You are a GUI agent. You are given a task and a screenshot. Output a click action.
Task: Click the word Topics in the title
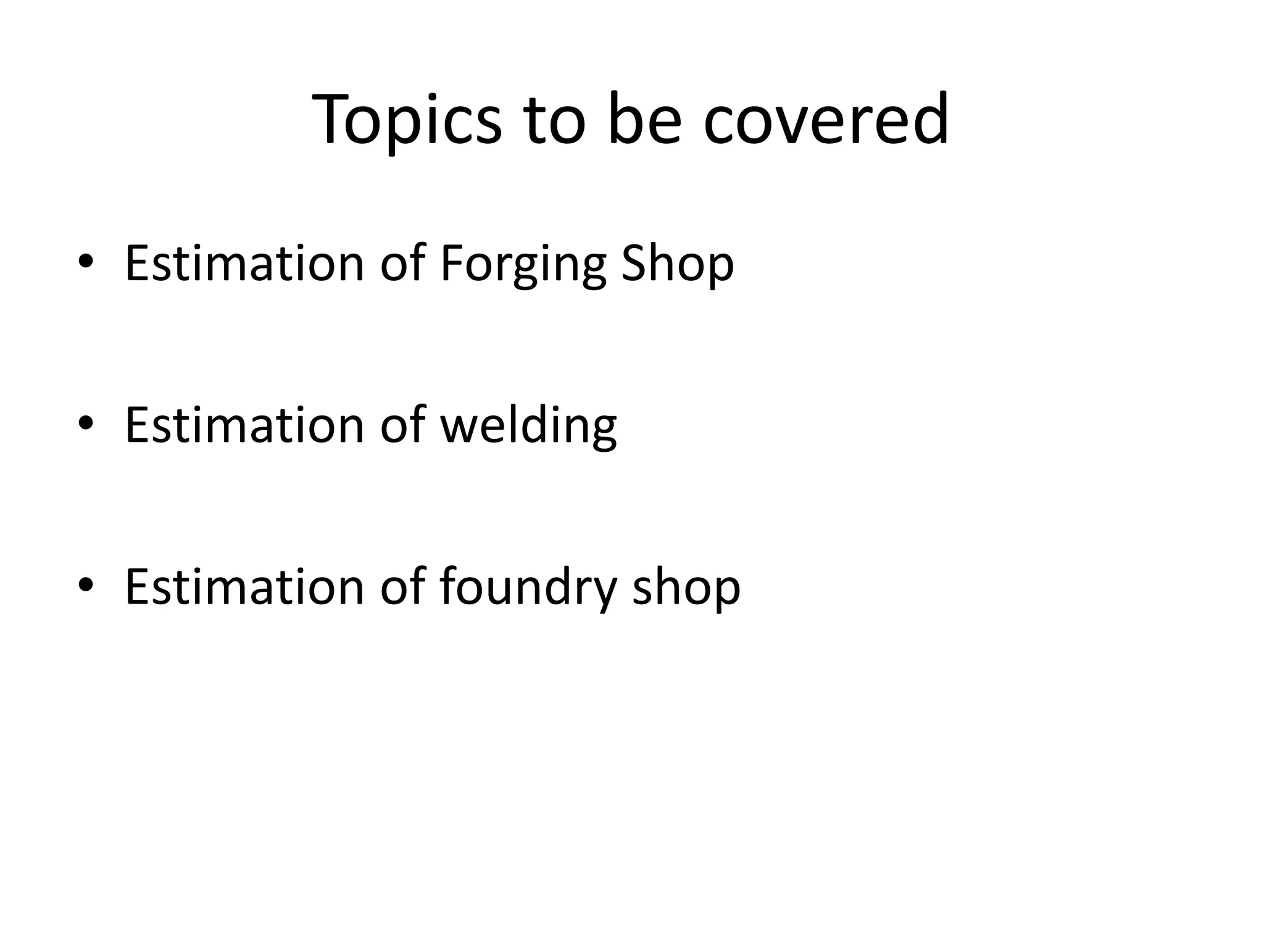pyautogui.click(x=407, y=120)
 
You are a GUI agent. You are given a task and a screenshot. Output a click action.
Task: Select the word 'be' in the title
pyautogui.click(x=644, y=120)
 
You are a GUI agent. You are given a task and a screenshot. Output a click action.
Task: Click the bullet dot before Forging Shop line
pyautogui.click(x=86, y=262)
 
